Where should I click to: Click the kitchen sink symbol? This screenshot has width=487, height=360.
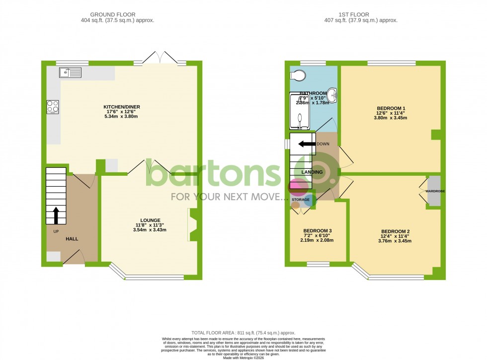(x=70, y=73)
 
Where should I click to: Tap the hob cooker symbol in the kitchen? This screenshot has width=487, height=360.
(x=53, y=107)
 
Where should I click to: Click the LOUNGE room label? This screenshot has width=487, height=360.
(x=150, y=220)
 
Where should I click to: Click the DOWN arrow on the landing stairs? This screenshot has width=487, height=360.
(x=307, y=144)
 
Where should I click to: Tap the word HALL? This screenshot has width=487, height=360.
(x=72, y=239)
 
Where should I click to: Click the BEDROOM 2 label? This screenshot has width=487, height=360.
(x=395, y=231)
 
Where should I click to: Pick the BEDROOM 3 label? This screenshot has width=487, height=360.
(x=318, y=230)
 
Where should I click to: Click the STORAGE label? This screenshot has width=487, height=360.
(x=301, y=200)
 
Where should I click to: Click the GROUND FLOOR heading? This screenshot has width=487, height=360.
(x=117, y=15)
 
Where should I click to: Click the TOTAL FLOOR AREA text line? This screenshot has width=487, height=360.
(x=243, y=333)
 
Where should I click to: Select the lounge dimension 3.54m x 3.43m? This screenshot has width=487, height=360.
(x=150, y=230)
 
